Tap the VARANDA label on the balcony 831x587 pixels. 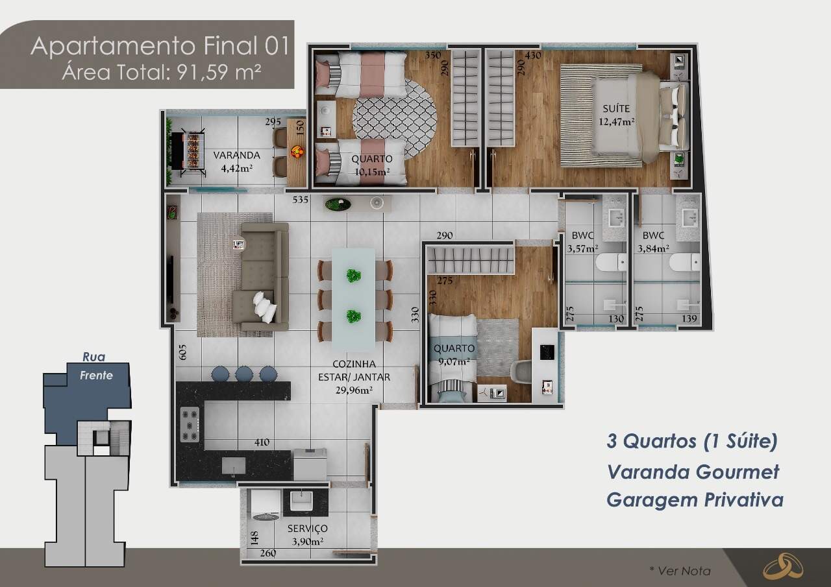click(236, 156)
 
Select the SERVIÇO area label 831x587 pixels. click(307, 529)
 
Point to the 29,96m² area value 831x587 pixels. click(354, 390)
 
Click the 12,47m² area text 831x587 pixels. click(616, 121)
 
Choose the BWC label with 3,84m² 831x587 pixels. click(652, 235)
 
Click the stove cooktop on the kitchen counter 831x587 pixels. click(190, 424)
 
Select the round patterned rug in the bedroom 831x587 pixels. click(395, 119)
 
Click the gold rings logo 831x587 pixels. click(782, 566)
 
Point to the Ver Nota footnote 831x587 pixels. click(680, 571)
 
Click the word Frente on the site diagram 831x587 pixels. click(96, 375)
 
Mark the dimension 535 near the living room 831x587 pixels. click(300, 200)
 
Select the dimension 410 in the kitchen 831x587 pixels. click(262, 443)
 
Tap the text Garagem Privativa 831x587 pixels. click(695, 500)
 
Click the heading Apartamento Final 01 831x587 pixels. click(160, 46)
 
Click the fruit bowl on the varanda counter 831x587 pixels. click(297, 152)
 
